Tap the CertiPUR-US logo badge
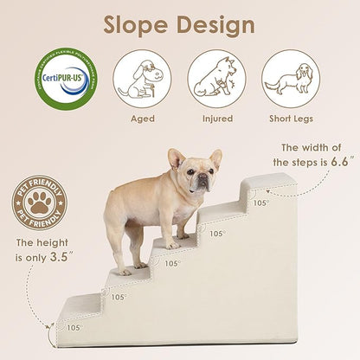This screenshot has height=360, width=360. point(65,79)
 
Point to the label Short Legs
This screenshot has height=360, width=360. point(291,119)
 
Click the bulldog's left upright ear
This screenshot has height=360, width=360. point(177,158)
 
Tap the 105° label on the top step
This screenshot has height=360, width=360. point(260,203)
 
